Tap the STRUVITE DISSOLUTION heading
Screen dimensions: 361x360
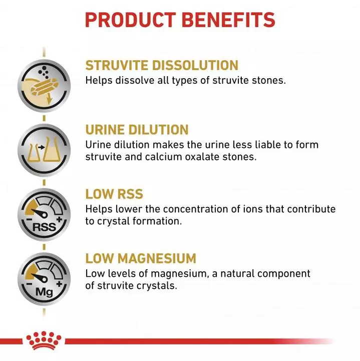tap(161, 66)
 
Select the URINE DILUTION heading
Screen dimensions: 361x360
tap(137, 129)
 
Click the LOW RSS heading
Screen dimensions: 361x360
tap(114, 194)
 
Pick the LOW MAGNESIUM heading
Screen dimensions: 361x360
tap(140, 259)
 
